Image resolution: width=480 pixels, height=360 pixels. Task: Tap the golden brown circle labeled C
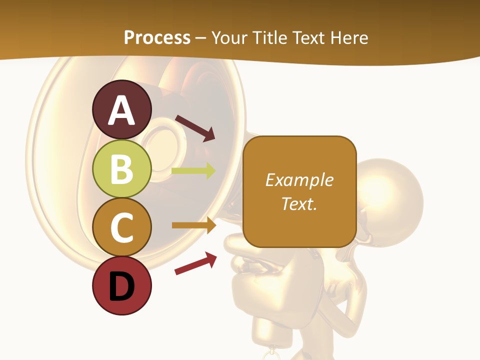pos(121,227)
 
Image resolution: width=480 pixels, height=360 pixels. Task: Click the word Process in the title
pos(157,37)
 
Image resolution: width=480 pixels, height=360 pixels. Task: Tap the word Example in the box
pos(299,180)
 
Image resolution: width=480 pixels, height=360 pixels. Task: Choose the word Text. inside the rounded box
pos(299,203)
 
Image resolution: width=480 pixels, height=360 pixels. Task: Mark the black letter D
pos(121,287)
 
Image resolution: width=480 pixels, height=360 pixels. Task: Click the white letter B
pos(121,169)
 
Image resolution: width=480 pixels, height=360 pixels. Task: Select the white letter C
pos(121,227)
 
